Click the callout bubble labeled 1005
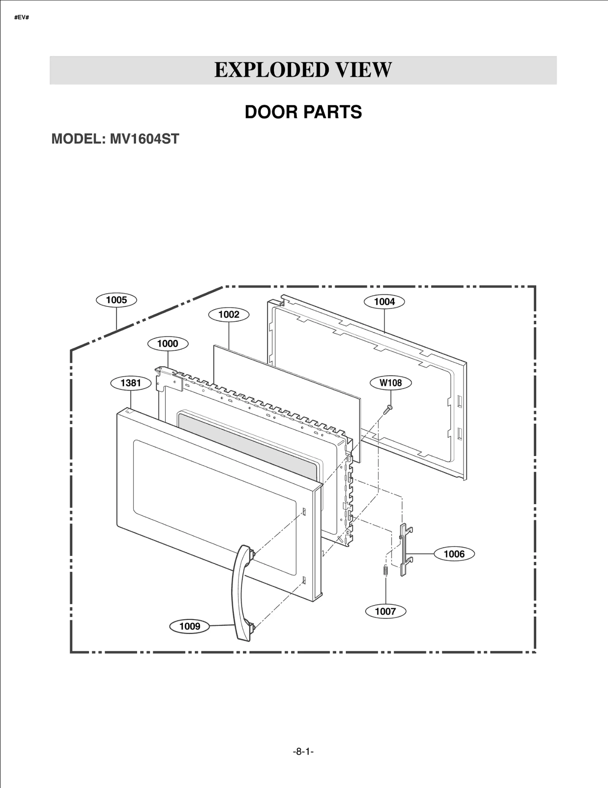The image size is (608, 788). [x=116, y=300]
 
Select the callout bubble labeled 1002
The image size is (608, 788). [x=229, y=314]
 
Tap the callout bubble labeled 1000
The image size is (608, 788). [x=168, y=344]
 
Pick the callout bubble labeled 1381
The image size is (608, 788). [x=131, y=383]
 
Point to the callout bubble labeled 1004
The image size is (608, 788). [x=384, y=302]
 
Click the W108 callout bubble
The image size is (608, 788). [x=391, y=383]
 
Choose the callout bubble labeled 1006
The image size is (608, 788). [x=454, y=554]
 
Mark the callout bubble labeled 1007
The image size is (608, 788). [x=385, y=611]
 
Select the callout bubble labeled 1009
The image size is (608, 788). [x=190, y=626]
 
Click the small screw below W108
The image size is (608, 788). [x=388, y=410]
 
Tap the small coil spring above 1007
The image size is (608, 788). [x=385, y=571]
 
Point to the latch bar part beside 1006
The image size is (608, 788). [x=404, y=549]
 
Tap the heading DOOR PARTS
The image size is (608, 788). [x=303, y=112]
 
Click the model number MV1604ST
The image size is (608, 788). [x=144, y=139]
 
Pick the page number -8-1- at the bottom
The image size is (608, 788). [x=303, y=752]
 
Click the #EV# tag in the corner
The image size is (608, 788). [x=22, y=17]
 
